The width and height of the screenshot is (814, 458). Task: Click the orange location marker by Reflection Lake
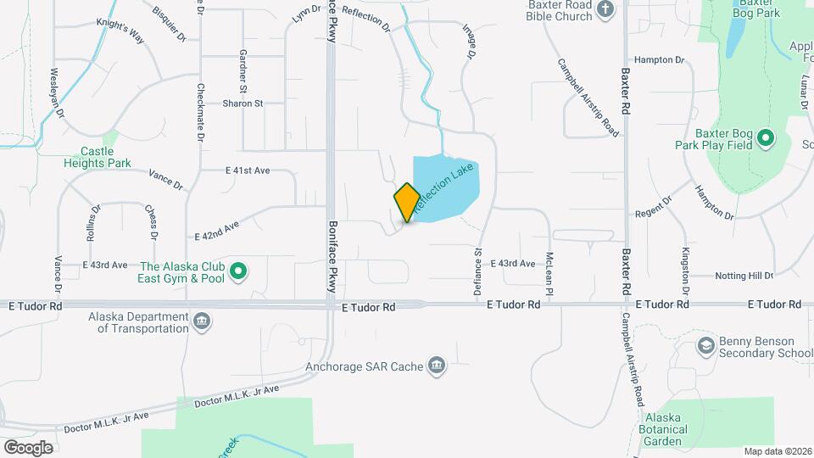407,202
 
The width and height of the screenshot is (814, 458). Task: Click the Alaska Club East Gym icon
239,271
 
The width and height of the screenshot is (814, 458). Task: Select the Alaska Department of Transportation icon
203,320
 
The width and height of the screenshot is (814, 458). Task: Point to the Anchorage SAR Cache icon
437,366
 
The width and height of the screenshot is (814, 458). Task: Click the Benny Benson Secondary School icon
705,345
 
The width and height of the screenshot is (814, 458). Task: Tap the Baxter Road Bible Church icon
605,10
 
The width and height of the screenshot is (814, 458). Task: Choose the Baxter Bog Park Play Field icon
765,137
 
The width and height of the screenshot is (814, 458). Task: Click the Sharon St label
243,103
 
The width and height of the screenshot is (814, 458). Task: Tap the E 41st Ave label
248,170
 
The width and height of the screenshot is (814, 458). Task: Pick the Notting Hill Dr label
732,276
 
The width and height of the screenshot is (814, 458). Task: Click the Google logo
28,447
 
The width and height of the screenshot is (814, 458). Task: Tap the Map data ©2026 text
777,450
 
